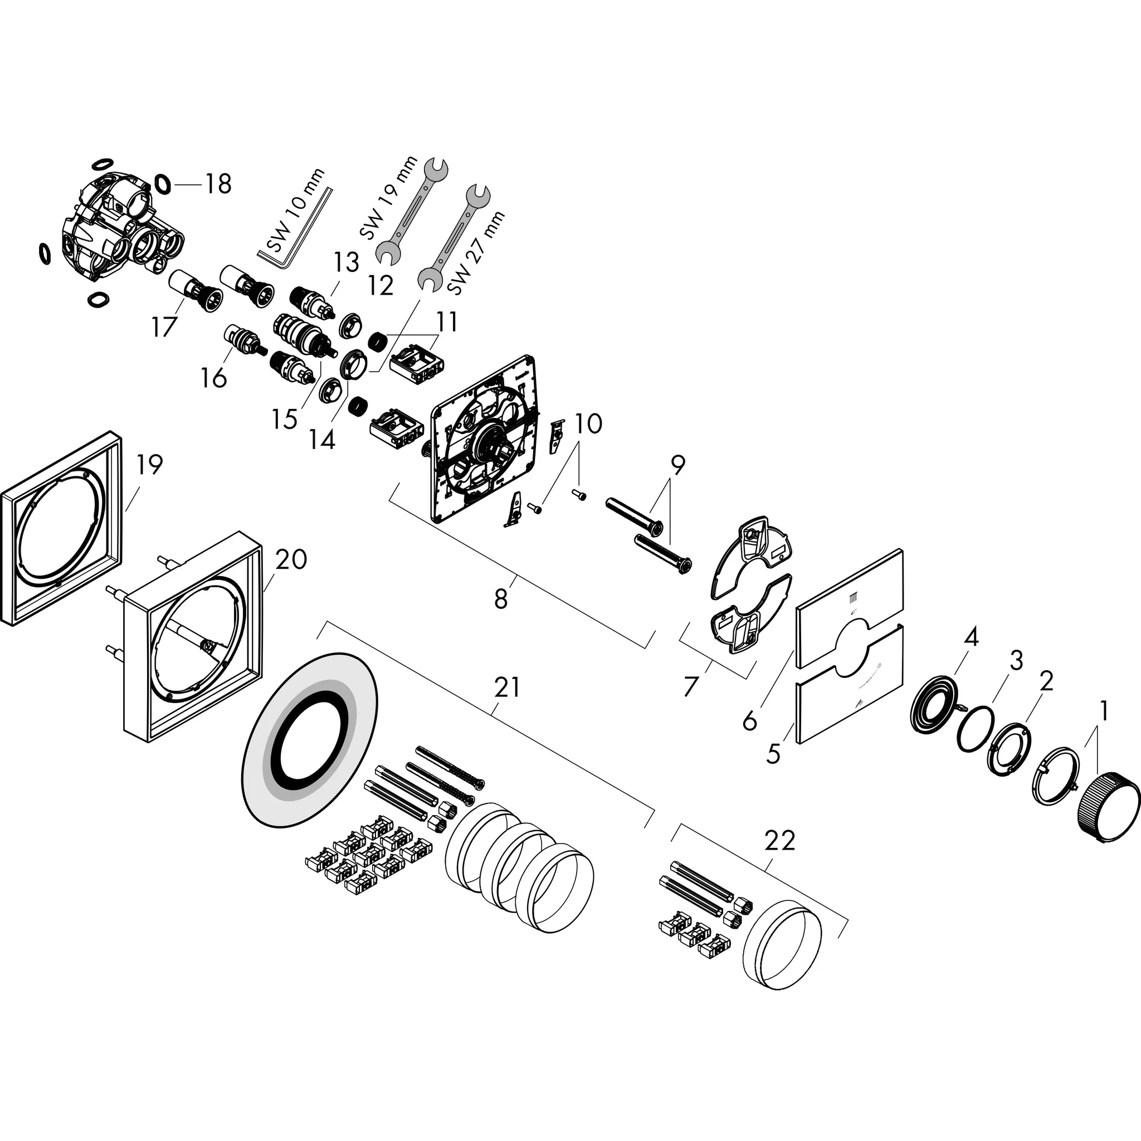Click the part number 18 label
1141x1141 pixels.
click(218, 184)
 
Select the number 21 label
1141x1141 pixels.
click(507, 687)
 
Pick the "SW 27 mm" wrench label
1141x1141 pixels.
click(477, 252)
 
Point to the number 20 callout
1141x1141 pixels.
click(291, 559)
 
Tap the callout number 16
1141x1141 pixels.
click(214, 377)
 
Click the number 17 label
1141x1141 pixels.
click(164, 326)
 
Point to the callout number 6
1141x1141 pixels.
click(749, 721)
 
